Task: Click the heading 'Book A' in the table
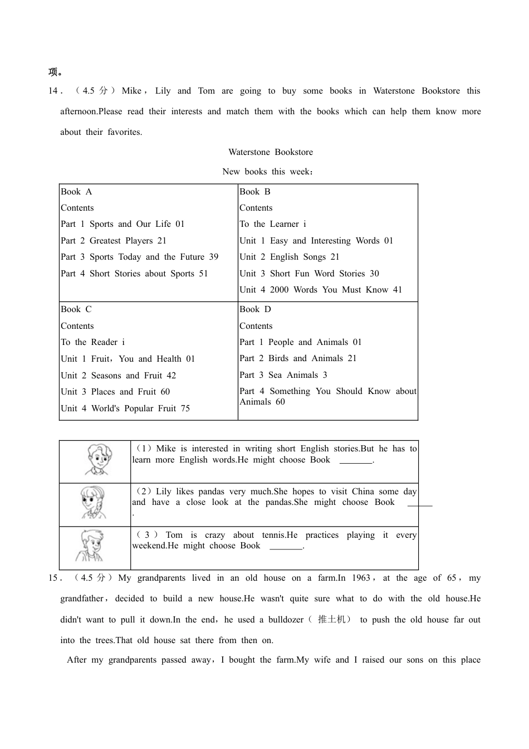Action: (x=76, y=192)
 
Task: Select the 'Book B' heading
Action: (x=255, y=192)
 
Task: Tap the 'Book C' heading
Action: (x=76, y=309)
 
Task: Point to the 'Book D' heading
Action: (x=255, y=309)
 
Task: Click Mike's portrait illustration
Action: (x=99, y=460)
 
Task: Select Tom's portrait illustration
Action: (x=90, y=547)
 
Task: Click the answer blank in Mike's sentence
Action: (x=355, y=461)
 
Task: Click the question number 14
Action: (x=53, y=91)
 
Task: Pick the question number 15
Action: (x=53, y=578)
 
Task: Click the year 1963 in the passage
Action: (x=361, y=578)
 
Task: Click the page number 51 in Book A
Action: (x=203, y=274)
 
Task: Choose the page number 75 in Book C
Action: (x=185, y=408)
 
